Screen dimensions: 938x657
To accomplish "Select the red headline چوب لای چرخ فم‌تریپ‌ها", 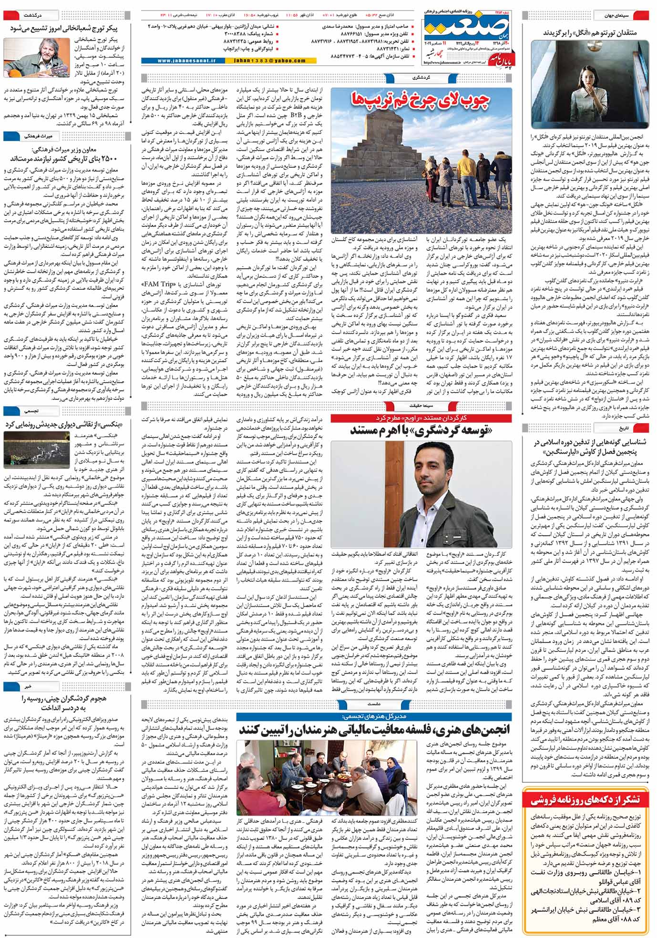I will (421, 100).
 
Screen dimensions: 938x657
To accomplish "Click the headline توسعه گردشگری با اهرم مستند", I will (421, 430).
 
